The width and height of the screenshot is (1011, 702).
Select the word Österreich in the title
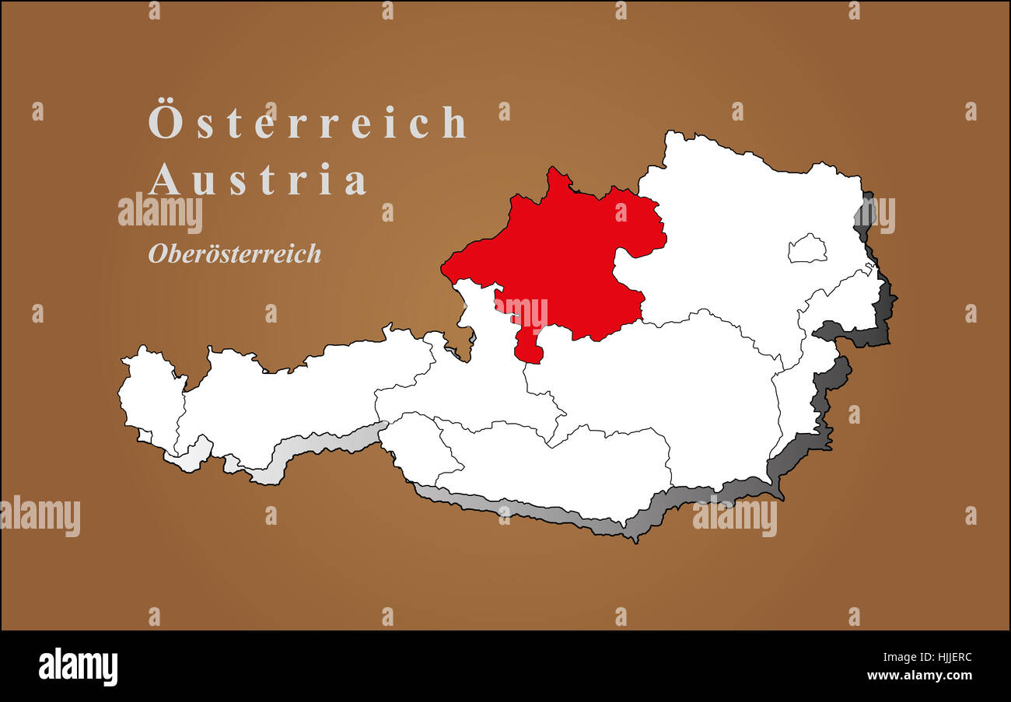(308, 123)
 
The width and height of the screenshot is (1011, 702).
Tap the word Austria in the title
(257, 180)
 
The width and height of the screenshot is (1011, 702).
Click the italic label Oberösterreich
(234, 253)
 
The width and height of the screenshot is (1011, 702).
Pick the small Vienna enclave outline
(806, 249)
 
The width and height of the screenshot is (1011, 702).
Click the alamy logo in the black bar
(78, 667)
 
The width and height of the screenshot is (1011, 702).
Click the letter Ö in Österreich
(165, 121)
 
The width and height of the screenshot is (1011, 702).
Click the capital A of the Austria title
(164, 180)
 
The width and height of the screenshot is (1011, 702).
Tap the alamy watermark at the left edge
(40, 516)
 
